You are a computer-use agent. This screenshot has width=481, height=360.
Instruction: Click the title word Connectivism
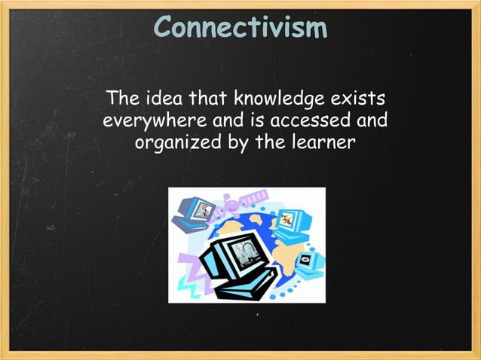click(241, 28)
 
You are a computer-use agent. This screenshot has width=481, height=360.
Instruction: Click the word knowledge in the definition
click(283, 99)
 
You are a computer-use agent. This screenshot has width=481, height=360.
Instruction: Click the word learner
click(317, 141)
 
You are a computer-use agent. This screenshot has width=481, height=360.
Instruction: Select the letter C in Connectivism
click(163, 28)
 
